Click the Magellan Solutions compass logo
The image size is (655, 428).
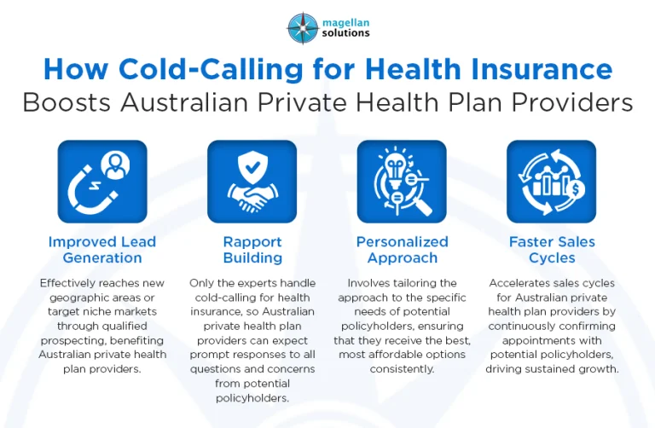(302, 26)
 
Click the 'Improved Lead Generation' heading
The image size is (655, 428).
(101, 250)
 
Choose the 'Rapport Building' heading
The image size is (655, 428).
(252, 250)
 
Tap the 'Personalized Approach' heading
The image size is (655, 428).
(402, 250)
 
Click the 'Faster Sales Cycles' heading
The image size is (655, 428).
(552, 250)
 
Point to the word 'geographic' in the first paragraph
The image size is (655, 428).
(75, 297)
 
